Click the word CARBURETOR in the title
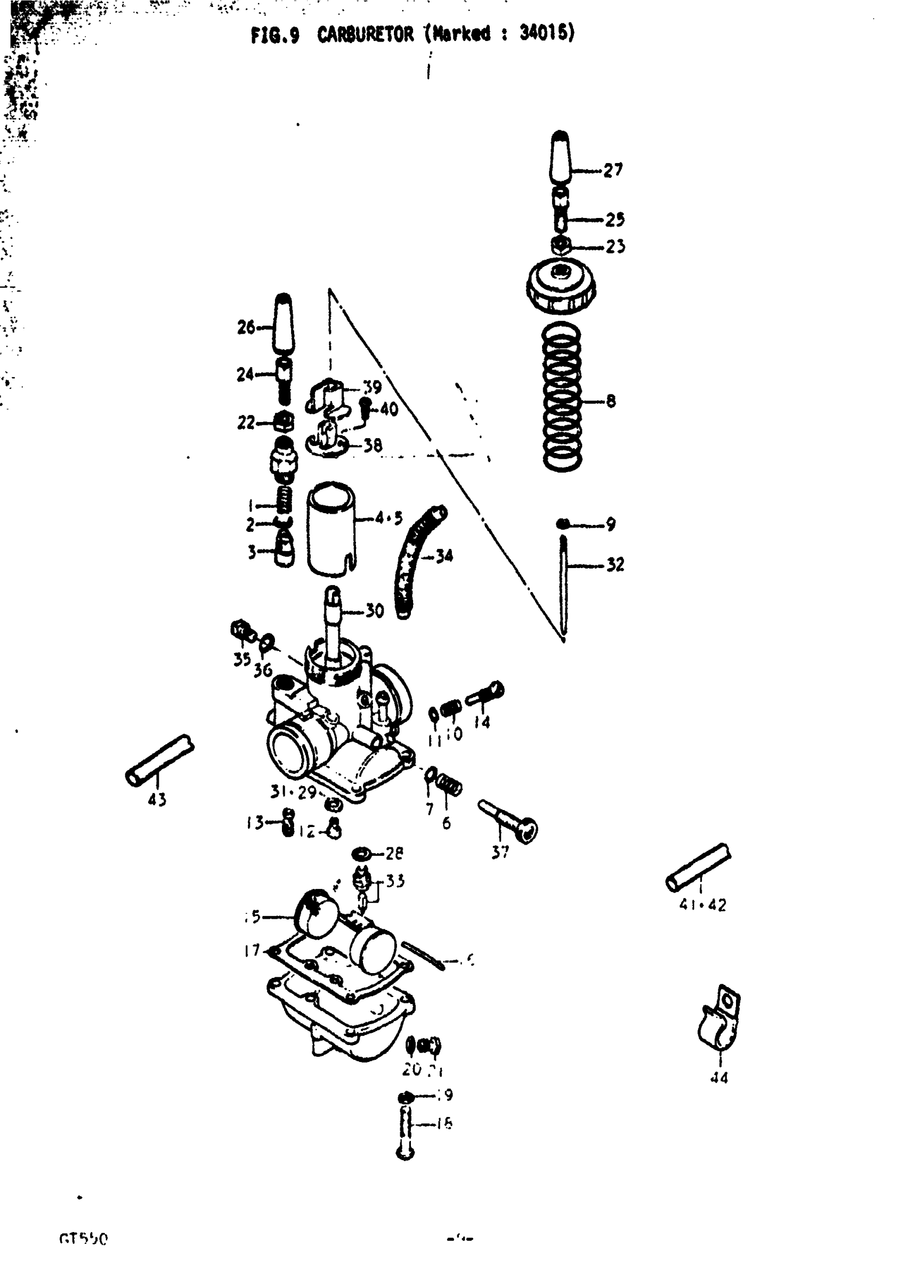pos(365,35)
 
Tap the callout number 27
pos(613,170)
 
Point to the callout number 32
pos(615,564)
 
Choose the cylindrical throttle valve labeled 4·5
pos(331,529)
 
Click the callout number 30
pos(375,610)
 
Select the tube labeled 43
pos(159,760)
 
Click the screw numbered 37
pos(507,821)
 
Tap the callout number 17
pos(252,950)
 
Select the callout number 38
pos(373,445)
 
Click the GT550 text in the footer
pos(83,1238)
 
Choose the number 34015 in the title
pos(547,34)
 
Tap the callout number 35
pos(242,659)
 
